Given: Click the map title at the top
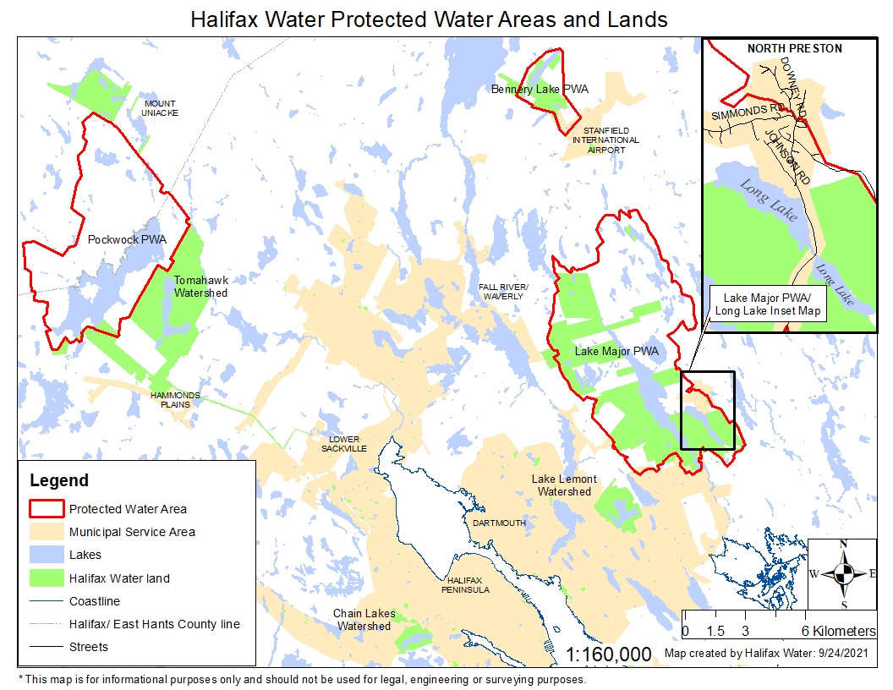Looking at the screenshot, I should coord(429,19).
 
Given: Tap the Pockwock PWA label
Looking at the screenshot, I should coord(127,240).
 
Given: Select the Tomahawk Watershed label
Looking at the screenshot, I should coord(200,287).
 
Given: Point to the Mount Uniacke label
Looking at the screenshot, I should coord(159,108).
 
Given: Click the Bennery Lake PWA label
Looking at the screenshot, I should coord(540,89).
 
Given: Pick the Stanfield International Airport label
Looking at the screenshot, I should coord(605,140).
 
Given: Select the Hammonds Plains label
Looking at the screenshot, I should coord(170,399).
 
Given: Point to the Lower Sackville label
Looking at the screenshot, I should coord(344,444).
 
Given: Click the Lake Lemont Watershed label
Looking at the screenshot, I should coord(564,485).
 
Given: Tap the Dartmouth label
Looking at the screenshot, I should coord(499,523).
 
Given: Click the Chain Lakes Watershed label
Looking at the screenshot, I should coord(364,620).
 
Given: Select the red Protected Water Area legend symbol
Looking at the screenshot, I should coord(47,509).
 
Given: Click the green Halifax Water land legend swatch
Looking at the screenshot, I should coord(47,578).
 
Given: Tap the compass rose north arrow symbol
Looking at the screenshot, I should coord(843,574).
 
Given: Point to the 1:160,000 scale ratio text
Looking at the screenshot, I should coord(609,654).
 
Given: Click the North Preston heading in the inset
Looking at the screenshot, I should coord(794,48).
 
